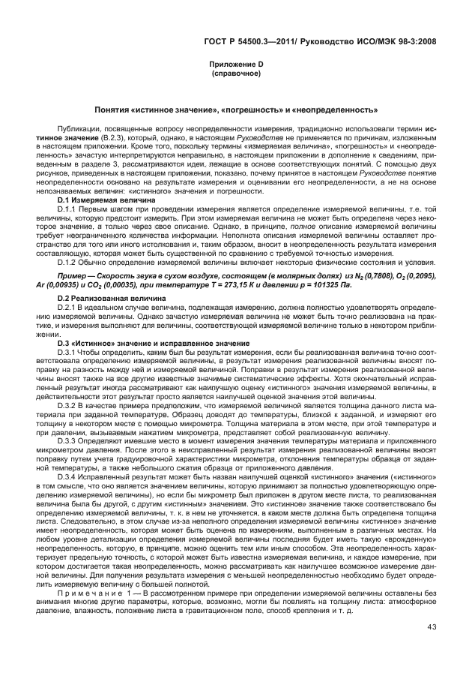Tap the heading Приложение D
tap(235, 65)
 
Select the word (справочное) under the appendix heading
tap(235, 74)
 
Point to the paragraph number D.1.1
tap(69, 209)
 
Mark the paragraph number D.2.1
tap(69, 306)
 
